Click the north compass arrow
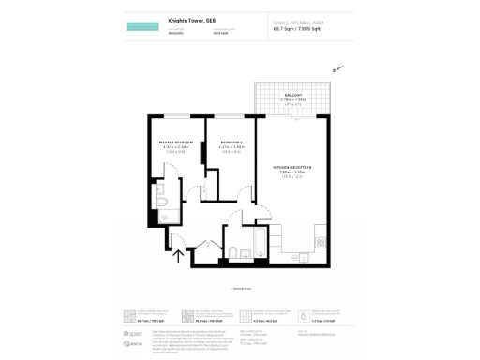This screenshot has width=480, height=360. (338, 67)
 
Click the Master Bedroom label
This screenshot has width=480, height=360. (174, 142)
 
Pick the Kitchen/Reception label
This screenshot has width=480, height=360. (292, 166)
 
